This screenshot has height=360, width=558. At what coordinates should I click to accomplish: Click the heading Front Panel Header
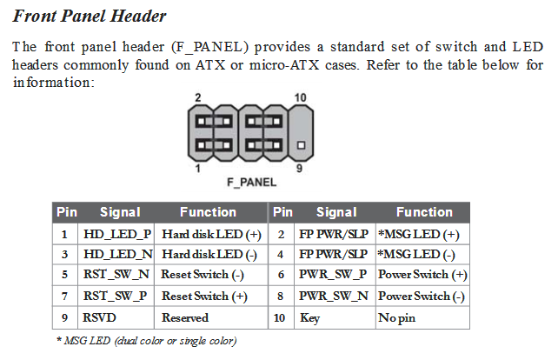pyautogui.click(x=90, y=17)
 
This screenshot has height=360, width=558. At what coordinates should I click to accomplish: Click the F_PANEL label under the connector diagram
pyautogui.click(x=251, y=183)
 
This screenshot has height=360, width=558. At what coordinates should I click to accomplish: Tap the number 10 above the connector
pyautogui.click(x=301, y=98)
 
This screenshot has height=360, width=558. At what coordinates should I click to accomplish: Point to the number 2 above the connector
pyautogui.click(x=199, y=98)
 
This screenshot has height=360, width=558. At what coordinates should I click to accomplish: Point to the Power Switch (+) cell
pyautogui.click(x=422, y=276)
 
